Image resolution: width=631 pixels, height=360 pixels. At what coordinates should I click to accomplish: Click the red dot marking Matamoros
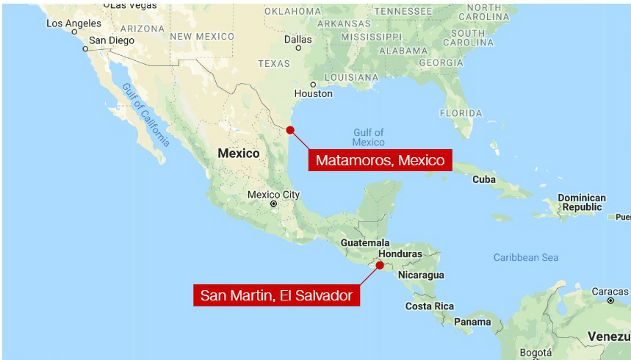coord(290,130)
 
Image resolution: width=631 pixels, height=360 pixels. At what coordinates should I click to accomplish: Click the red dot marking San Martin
coord(380,265)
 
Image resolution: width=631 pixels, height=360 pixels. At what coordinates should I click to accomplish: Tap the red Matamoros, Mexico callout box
coord(380,160)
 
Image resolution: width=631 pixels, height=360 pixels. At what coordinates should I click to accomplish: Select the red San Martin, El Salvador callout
coord(276,296)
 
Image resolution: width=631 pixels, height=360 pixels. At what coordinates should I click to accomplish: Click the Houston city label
coord(313,93)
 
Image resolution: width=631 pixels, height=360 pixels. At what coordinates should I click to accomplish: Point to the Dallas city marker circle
coord(298,48)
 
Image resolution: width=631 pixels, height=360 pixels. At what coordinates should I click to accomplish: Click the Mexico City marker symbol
coord(273,204)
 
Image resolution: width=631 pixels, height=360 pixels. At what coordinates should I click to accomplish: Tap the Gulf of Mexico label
coord(368,137)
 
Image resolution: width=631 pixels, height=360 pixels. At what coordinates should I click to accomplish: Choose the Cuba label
coord(483,179)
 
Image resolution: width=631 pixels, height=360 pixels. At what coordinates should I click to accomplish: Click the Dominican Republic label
coord(582,203)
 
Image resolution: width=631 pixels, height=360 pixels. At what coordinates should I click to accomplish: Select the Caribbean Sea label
coord(525,257)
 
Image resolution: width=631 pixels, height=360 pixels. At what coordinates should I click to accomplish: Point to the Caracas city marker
coord(610,300)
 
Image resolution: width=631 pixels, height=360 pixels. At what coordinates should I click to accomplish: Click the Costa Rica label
coord(430,306)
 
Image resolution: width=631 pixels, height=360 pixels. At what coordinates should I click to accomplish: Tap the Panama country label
coord(472,322)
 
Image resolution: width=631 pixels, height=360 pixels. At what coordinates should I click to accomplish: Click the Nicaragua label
coord(421,275)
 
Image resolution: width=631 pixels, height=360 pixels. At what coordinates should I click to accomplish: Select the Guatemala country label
coord(364,242)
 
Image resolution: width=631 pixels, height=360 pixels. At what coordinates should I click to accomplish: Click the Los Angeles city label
coord(73,24)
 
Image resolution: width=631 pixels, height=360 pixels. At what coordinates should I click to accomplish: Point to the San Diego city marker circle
coord(85,49)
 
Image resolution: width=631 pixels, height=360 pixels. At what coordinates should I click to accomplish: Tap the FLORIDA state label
coord(461,113)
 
